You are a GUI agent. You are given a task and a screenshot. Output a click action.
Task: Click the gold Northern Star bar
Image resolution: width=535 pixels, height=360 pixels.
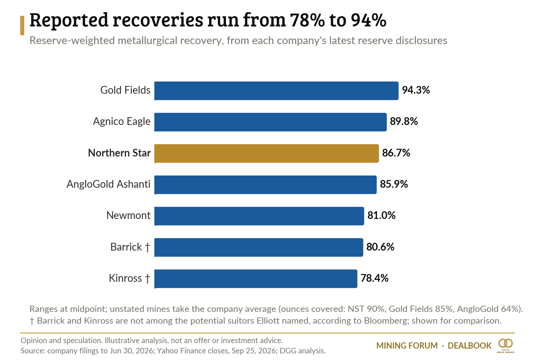tap(266, 153)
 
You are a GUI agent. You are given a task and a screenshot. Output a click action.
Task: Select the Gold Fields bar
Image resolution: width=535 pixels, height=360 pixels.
tap(276, 91)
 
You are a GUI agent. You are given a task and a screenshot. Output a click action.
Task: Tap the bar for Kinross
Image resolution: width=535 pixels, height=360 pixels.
tap(256, 278)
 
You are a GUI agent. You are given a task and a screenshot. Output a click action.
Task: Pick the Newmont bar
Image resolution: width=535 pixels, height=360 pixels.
tap(259, 216)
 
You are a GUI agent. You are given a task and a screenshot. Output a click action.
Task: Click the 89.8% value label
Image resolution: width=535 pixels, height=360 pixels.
tap(404, 122)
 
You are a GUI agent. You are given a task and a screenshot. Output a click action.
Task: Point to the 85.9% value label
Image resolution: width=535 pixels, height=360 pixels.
tap(394, 184)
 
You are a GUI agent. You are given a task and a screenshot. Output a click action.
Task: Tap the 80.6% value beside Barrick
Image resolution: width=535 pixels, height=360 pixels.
tap(380, 247)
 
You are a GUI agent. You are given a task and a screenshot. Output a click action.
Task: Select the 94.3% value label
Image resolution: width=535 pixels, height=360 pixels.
tap(416, 90)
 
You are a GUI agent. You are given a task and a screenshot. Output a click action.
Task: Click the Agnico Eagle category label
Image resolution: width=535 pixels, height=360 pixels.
tap(122, 122)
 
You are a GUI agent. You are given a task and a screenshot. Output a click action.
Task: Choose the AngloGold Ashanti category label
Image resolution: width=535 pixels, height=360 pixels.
tap(108, 184)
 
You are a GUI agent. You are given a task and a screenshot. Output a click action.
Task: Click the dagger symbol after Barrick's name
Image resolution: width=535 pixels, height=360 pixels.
tap(147, 247)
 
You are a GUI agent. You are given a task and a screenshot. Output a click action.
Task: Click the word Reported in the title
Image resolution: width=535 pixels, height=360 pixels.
tap(69, 21)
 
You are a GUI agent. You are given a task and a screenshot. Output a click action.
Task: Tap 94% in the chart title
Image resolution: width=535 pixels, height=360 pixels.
tap(369, 20)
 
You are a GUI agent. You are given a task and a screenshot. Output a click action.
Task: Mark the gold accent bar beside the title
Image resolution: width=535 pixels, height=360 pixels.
tap(22, 26)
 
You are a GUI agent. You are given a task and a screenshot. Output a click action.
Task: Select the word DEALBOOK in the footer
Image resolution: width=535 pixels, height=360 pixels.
tap(470, 346)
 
